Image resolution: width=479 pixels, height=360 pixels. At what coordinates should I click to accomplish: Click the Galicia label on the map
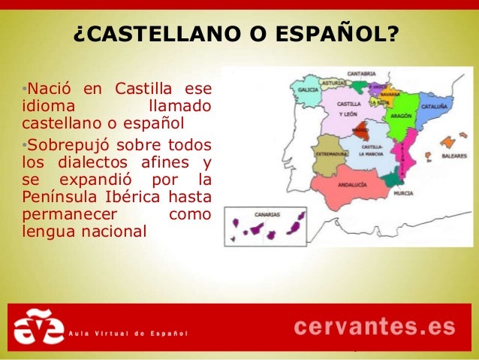click(x=308, y=89)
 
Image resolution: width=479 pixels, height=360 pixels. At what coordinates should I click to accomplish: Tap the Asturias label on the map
click(x=333, y=82)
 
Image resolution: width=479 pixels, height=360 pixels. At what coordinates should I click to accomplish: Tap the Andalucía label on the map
click(x=351, y=183)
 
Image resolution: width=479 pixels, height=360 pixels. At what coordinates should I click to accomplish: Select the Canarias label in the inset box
click(x=267, y=213)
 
